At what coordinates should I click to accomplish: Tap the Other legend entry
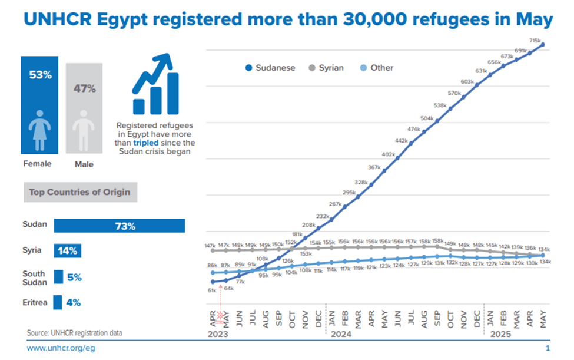point(381,68)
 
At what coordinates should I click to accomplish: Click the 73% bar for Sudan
point(120,226)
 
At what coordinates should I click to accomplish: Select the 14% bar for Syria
point(68,251)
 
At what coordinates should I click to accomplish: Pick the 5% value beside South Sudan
point(74,277)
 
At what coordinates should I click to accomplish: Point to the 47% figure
point(84,88)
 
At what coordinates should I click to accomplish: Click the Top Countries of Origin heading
point(80,192)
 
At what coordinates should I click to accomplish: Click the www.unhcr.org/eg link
point(61,348)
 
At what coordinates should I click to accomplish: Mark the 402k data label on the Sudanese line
point(388,154)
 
